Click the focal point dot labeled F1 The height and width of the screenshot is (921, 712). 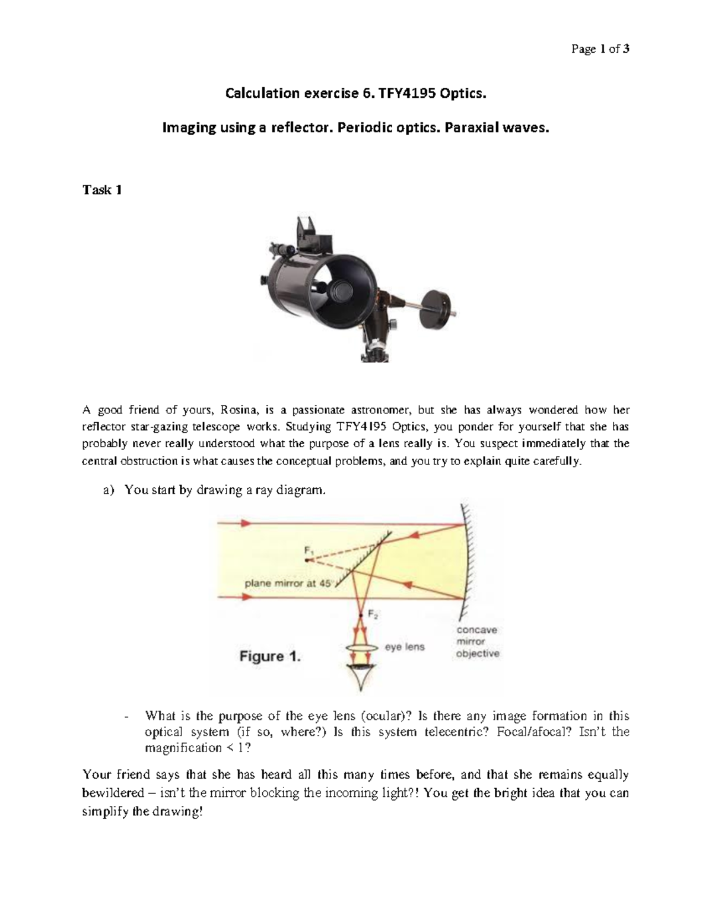coord(307,559)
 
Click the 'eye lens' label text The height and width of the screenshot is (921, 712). coord(405,646)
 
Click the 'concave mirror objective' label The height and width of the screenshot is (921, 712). coord(477,642)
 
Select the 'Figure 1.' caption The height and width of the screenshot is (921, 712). coord(270,657)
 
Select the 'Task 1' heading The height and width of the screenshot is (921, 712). coord(102,190)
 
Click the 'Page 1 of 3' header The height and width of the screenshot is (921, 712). coord(599,49)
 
